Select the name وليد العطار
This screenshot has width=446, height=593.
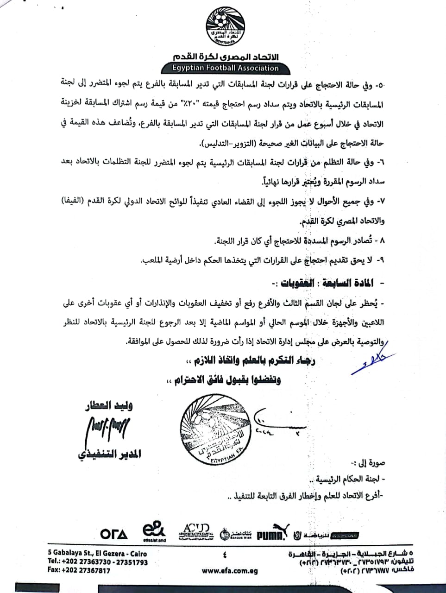click(109, 406)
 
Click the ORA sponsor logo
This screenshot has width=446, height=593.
click(114, 534)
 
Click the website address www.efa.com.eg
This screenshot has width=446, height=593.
click(230, 571)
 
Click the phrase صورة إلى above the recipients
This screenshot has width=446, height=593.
click(372, 462)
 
